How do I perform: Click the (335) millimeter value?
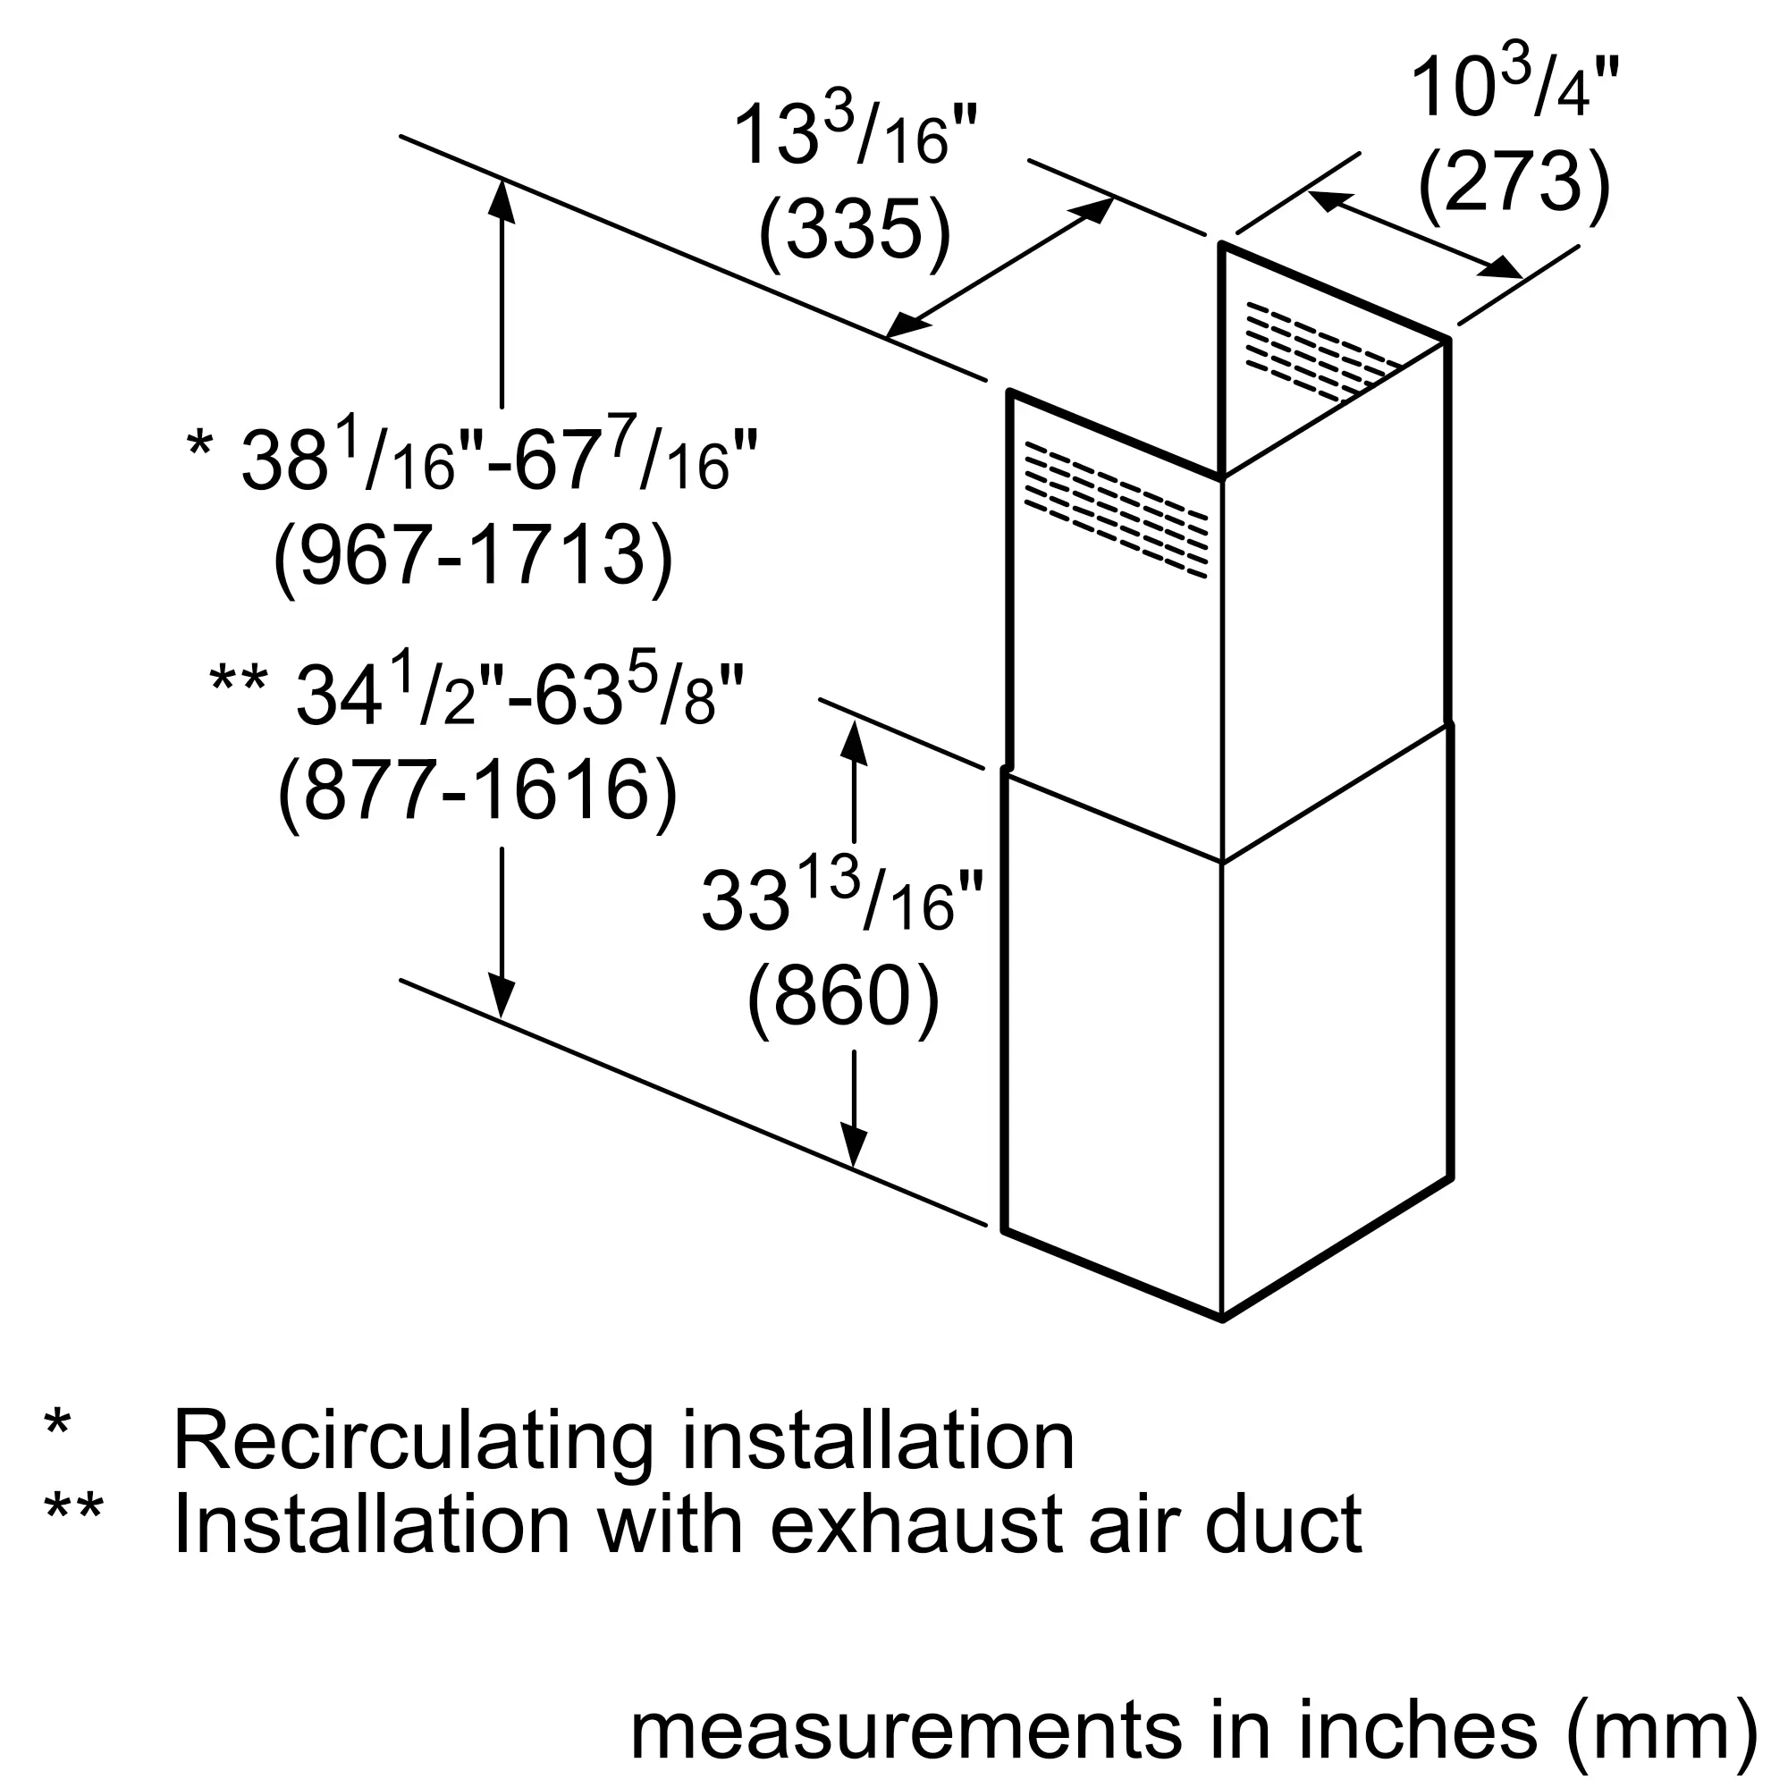tap(853, 232)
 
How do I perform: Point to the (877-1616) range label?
tap(477, 791)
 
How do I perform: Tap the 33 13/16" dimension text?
tap(841, 898)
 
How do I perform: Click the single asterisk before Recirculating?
tap(57, 1424)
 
